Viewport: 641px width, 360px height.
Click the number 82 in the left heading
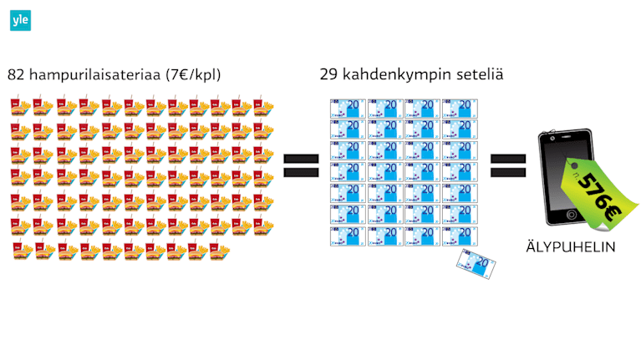point(16,75)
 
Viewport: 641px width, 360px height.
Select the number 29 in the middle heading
point(328,75)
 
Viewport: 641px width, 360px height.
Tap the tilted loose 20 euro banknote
point(476,265)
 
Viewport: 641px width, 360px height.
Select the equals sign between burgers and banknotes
point(302,165)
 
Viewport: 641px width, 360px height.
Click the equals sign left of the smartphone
point(507,165)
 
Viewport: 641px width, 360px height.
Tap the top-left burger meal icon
point(21,106)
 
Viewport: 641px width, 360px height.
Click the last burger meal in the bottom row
point(220,250)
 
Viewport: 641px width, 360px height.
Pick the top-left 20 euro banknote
point(348,108)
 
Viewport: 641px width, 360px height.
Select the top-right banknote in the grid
point(460,108)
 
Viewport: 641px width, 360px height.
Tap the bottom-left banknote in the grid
point(348,236)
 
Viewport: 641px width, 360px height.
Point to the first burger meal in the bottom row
point(21,250)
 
